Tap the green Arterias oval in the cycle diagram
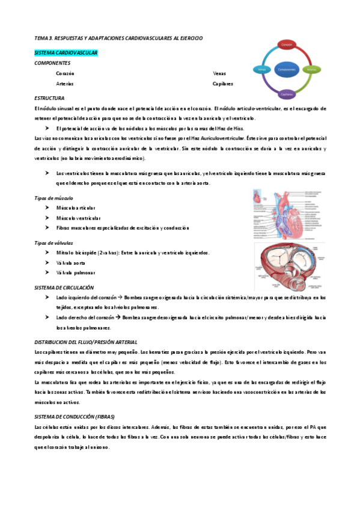[312, 70]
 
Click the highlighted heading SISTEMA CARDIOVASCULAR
[66, 53]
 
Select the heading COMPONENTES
[52, 63]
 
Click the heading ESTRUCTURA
[49, 98]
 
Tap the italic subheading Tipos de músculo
[54, 198]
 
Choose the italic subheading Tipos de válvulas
[54, 243]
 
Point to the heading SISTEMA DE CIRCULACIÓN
[64, 287]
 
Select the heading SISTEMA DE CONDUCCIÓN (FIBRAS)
[75, 417]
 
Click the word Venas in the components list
[219, 73]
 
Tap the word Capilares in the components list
[222, 84]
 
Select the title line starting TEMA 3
[118, 38]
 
